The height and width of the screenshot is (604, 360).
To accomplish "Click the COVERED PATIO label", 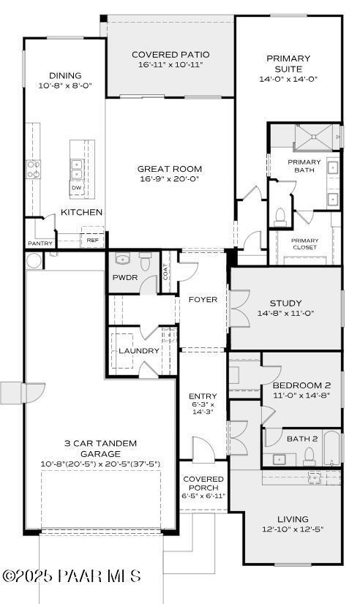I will pyautogui.click(x=170, y=54).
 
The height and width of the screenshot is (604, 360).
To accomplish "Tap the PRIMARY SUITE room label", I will pyautogui.click(x=288, y=63).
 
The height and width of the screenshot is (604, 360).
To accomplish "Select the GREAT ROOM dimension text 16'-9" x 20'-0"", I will pyautogui.click(x=169, y=179).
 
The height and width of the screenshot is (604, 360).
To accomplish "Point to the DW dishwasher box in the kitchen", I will pyautogui.click(x=76, y=189).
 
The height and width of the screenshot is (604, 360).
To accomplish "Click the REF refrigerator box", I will pyautogui.click(x=92, y=240).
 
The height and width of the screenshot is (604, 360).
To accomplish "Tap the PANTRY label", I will pyautogui.click(x=40, y=244).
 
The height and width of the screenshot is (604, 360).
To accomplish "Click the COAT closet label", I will pyautogui.click(x=166, y=272).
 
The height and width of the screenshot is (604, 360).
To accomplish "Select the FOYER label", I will pyautogui.click(x=203, y=300).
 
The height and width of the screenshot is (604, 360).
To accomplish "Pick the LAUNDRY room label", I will pyautogui.click(x=138, y=351).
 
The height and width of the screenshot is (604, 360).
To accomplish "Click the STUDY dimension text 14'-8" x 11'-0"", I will pyautogui.click(x=285, y=314).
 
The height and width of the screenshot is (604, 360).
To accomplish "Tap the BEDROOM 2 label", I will pyautogui.click(x=301, y=385).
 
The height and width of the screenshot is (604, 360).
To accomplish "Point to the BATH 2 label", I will pyautogui.click(x=301, y=439).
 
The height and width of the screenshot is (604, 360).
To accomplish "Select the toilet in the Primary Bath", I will pyautogui.click(x=279, y=216).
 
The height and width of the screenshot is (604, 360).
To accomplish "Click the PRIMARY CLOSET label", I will pyautogui.click(x=304, y=244).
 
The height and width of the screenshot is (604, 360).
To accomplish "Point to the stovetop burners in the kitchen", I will pyautogui.click(x=34, y=170).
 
